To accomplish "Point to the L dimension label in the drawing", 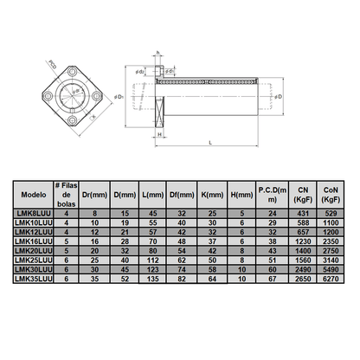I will click(212, 142).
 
